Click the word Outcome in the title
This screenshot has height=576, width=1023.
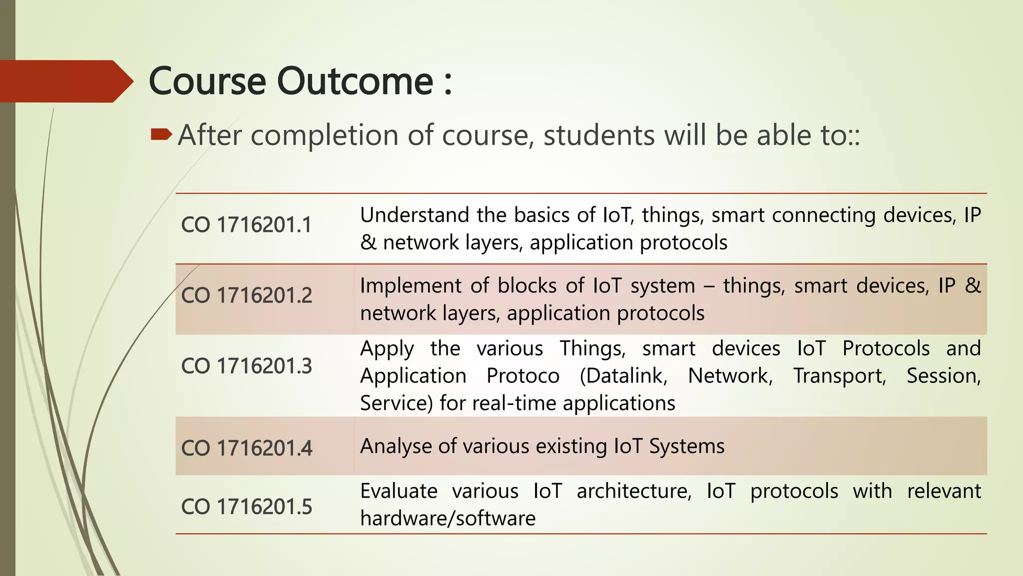coord(355,81)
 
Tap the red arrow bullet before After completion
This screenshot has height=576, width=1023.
coord(161,134)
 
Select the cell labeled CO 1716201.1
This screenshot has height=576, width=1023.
coord(246,224)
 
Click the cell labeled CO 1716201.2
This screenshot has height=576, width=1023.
coord(246,295)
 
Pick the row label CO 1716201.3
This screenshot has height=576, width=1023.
coord(246,366)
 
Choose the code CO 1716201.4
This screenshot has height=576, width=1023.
coord(246,448)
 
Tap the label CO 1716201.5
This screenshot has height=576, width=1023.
coord(246,506)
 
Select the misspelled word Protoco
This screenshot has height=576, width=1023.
coord(522,376)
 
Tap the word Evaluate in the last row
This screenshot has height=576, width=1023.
coord(399,491)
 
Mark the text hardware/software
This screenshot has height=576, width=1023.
coord(448,518)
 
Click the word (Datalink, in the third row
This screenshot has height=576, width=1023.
coord(623,376)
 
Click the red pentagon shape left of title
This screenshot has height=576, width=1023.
coord(62,81)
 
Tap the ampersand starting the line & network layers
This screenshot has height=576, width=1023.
coord(368,243)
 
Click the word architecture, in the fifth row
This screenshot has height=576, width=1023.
coord(634,491)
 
